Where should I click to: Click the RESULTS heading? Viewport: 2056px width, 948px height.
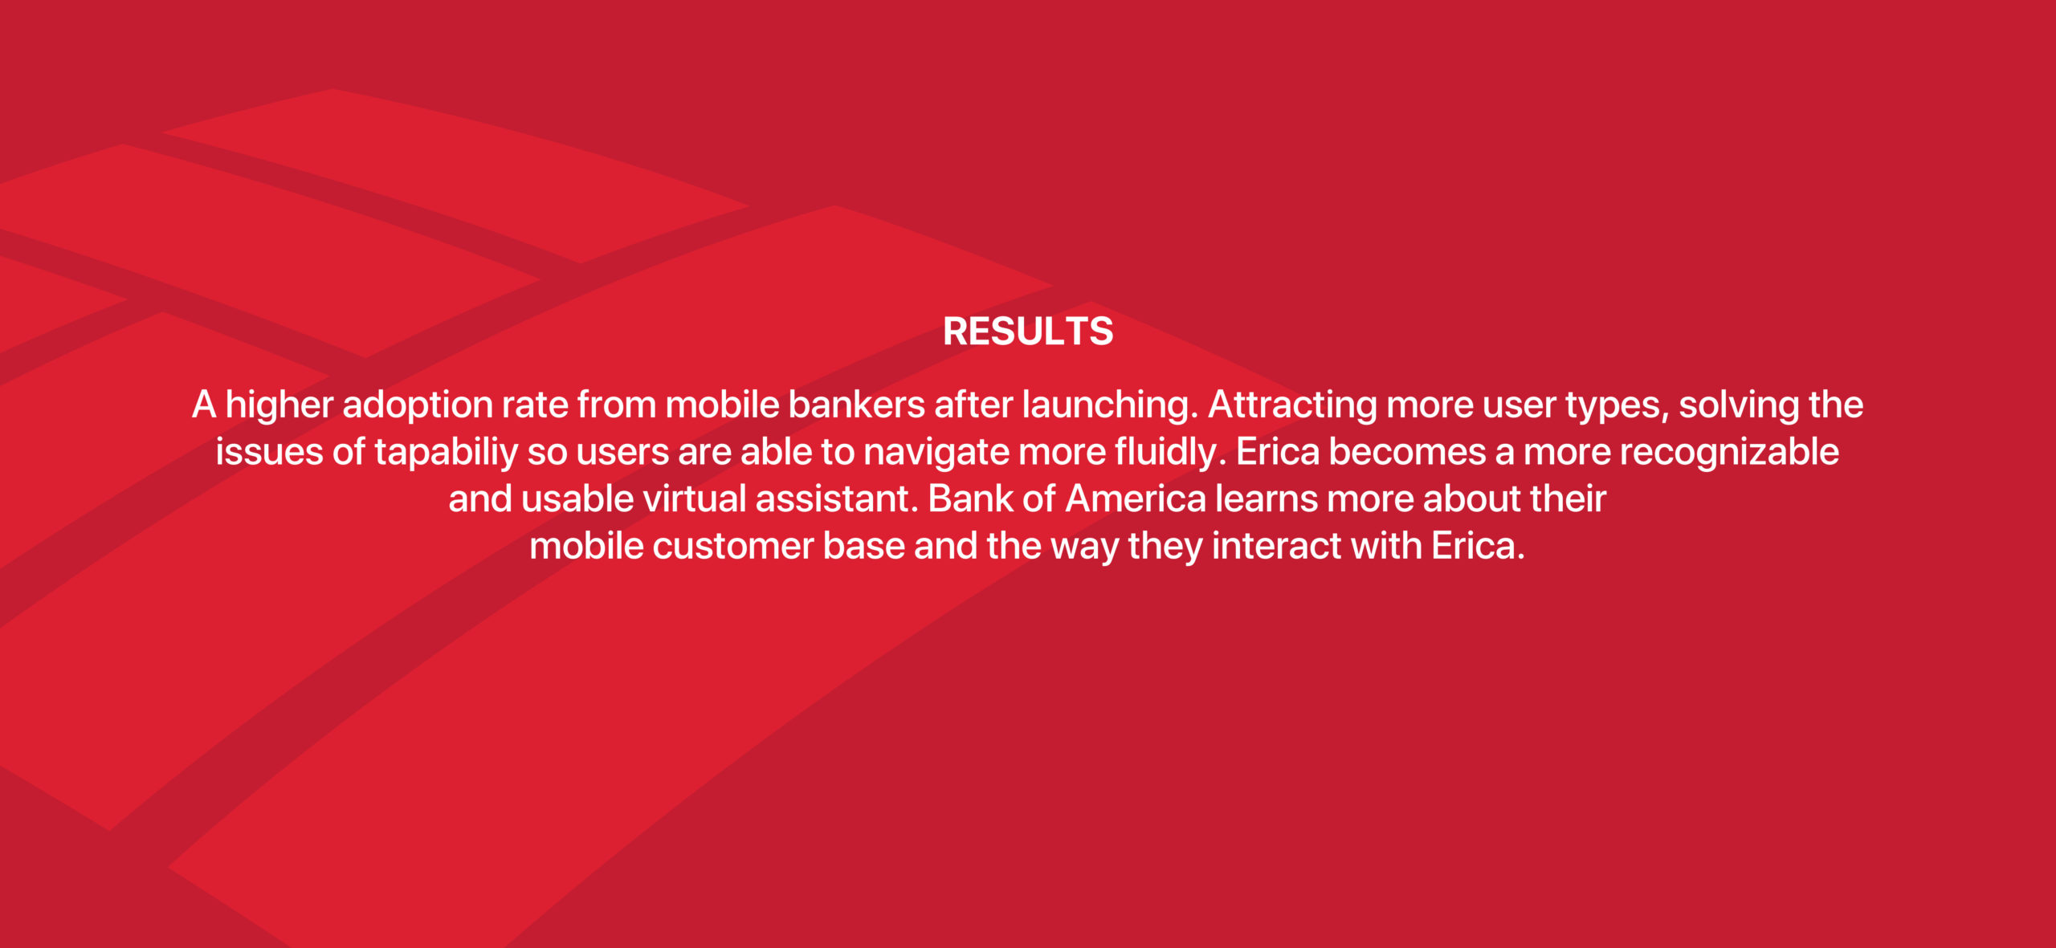1028,332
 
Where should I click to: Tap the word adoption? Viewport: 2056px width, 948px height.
418,406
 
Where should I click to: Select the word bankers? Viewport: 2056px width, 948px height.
857,405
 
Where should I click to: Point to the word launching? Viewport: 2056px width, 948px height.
1109,406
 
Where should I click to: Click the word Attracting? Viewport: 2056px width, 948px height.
1293,406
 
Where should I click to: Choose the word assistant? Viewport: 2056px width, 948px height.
837,499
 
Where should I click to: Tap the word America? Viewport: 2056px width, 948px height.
1136,499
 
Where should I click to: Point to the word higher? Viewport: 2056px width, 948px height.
279,406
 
